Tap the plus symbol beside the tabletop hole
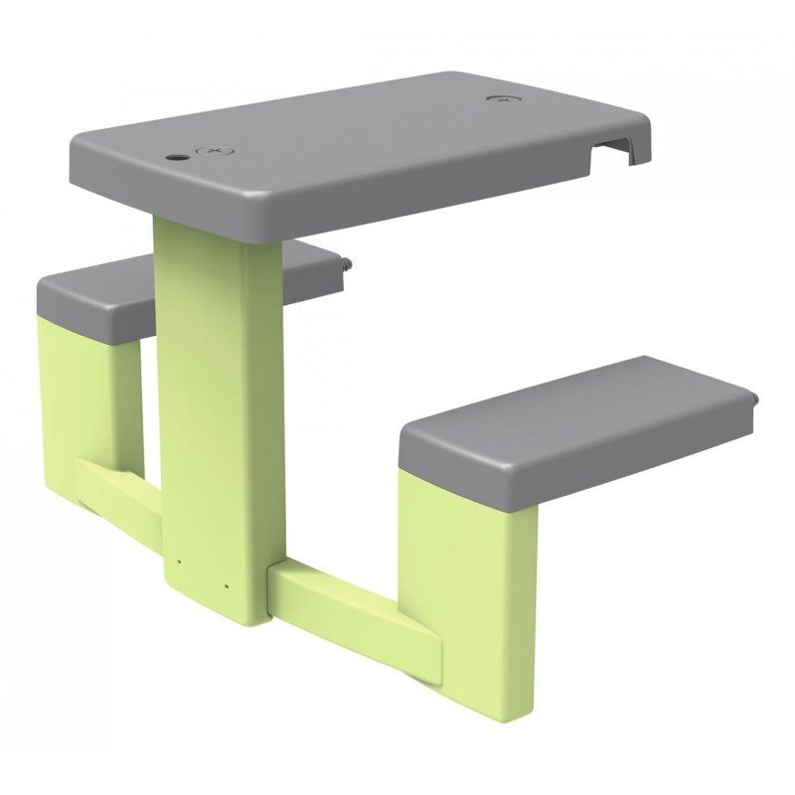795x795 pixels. pyautogui.click(x=213, y=151)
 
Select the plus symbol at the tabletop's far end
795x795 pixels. pyautogui.click(x=504, y=100)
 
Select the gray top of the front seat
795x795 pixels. pyautogui.click(x=576, y=407)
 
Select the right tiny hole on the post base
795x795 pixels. pyautogui.click(x=227, y=584)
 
